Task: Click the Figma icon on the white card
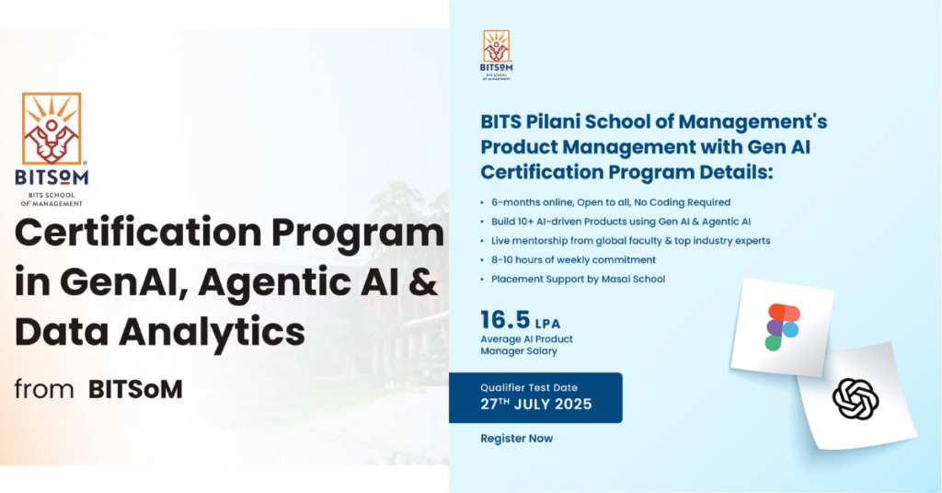coord(782,323)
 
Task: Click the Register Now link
coord(516,439)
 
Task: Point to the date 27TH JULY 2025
coord(536,404)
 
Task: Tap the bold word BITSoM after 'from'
coord(135,389)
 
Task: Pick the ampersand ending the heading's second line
coord(421,281)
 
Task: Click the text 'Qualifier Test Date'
coord(529,387)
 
